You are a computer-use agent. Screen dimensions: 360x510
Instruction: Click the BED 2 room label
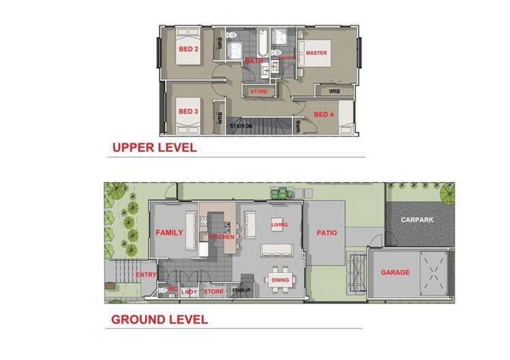click(187, 49)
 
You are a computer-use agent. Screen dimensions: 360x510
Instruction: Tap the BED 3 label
click(187, 111)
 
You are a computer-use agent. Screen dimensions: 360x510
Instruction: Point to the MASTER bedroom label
click(317, 52)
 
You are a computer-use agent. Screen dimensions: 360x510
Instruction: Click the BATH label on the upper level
click(254, 61)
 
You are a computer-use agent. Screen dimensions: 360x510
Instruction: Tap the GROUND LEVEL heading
click(159, 318)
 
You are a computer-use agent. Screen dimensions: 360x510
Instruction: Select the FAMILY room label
click(170, 233)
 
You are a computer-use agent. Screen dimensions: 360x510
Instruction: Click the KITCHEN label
click(222, 237)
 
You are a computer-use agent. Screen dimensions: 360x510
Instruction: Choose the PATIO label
click(325, 233)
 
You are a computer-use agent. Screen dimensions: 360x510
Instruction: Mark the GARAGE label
click(395, 272)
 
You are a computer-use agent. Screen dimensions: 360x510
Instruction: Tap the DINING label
click(280, 280)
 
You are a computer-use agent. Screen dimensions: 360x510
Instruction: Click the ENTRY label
click(146, 275)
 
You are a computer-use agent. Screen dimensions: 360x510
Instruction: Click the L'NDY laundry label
click(189, 292)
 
